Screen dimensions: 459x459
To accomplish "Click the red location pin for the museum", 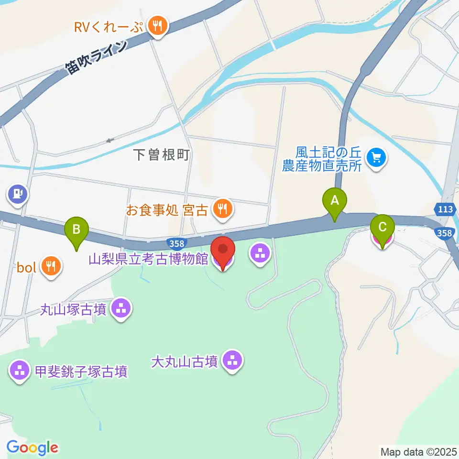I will [x=223, y=250].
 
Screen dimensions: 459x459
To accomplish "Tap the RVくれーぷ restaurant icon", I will [x=156, y=26].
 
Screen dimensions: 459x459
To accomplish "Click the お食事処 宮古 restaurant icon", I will [x=223, y=209].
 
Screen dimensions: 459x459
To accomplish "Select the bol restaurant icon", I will [x=50, y=267].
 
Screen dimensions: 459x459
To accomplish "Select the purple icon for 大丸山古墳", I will [x=233, y=361].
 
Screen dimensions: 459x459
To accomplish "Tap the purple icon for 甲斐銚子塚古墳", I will [x=20, y=371].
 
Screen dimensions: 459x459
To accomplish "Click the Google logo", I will [x=32, y=448].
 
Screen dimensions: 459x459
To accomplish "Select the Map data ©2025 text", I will [x=418, y=451].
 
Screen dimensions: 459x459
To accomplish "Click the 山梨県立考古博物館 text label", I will [x=148, y=259].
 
